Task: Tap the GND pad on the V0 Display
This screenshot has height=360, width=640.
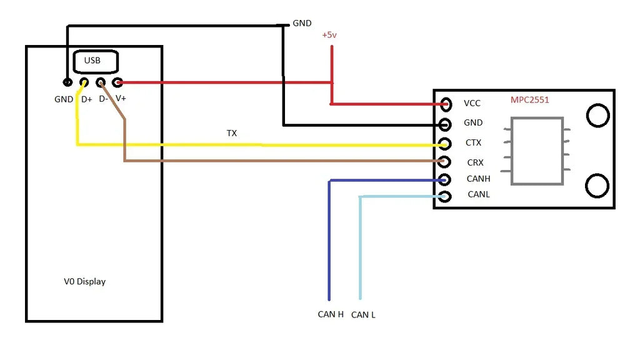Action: pos(67,82)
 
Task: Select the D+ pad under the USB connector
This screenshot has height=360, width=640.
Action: pos(84,82)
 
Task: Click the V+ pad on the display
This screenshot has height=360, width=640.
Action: pos(117,83)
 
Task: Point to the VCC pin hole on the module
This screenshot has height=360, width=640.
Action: pos(446,104)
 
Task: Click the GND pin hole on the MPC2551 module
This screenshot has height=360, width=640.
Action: pos(445,124)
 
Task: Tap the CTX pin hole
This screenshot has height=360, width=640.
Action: pos(445,144)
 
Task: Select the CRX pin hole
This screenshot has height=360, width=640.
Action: pos(444,162)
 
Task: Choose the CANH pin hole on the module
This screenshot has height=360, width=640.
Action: pos(444,179)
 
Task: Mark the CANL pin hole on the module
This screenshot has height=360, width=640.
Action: pos(445,197)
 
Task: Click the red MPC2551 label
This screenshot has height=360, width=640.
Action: pos(530,100)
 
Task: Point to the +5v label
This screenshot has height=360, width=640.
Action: pos(329,35)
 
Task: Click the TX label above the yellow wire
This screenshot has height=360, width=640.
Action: pos(232,133)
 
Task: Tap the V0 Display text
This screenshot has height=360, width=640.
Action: pos(85,282)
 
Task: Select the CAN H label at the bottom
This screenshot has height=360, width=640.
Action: pos(331,314)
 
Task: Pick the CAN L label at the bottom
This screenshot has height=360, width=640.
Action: pos(363,315)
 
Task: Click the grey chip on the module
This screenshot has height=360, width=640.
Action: pos(537,151)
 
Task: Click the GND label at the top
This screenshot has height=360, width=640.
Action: pos(302,23)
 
